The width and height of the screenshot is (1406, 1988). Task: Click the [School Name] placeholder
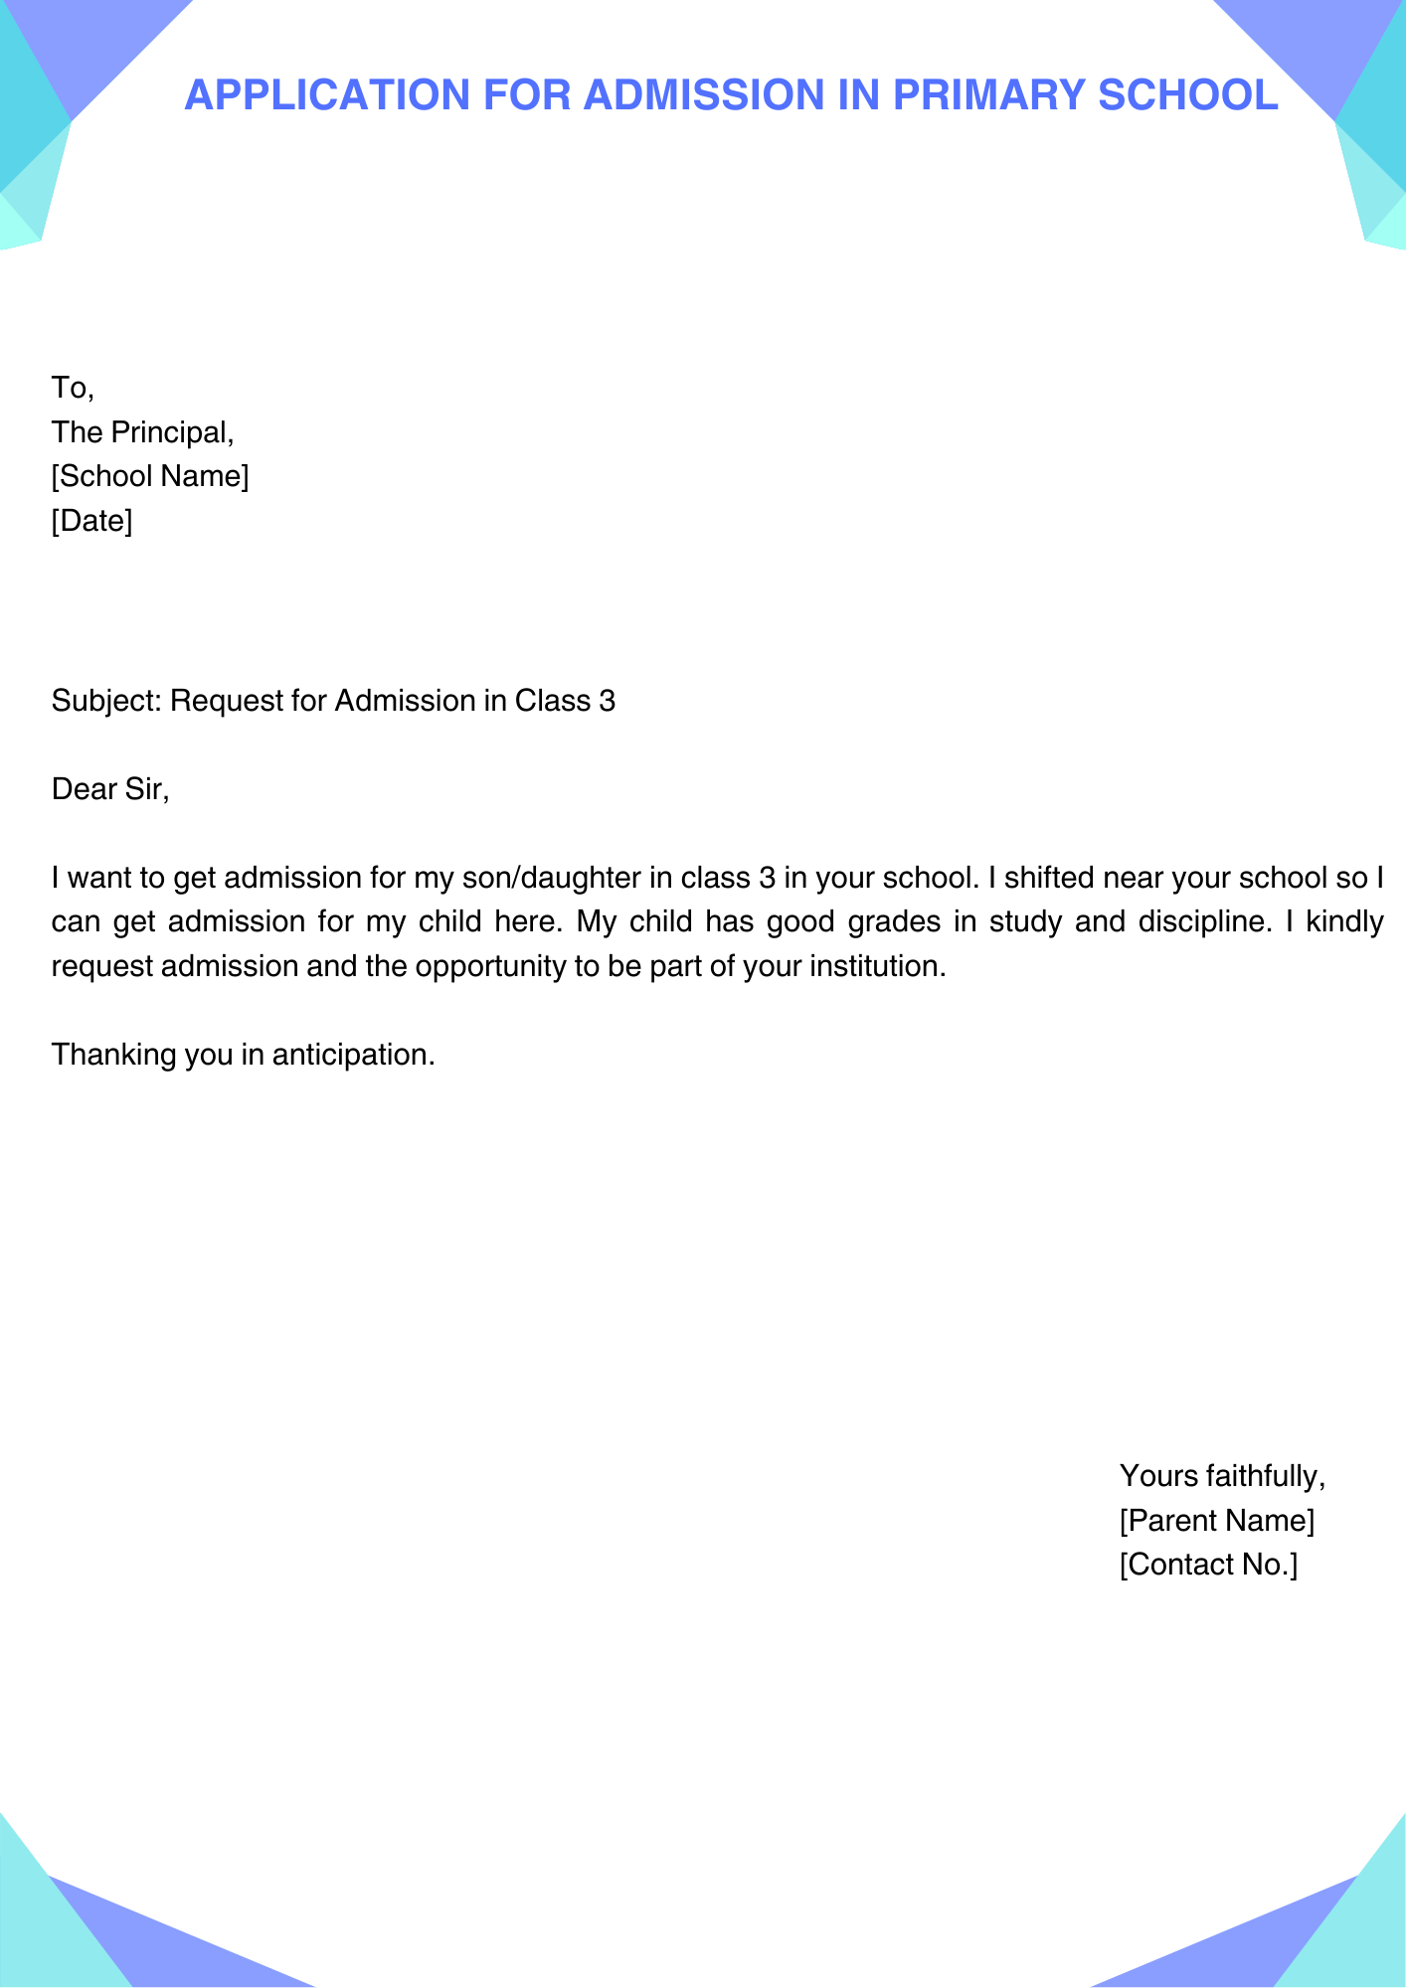150,477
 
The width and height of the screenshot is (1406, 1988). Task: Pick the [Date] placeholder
91,521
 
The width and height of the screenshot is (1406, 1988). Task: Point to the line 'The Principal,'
143,432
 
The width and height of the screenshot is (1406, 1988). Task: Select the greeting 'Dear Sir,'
110,789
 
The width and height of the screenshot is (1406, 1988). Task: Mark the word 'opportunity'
490,966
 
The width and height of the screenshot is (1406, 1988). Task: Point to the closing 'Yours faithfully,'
1222,1476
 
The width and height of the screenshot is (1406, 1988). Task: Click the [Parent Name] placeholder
1216,1521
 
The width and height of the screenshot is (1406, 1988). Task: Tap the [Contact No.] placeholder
1208,1565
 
